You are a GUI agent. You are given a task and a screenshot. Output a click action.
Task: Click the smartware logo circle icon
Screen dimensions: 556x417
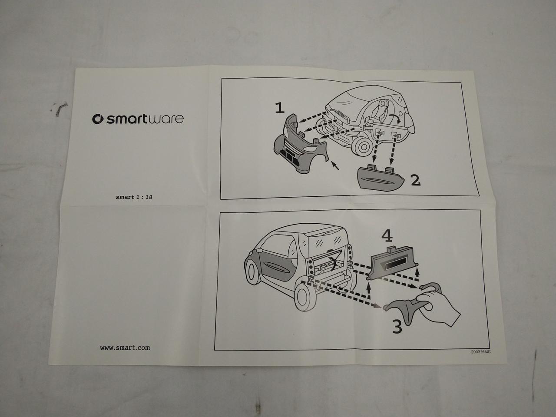click(x=98, y=119)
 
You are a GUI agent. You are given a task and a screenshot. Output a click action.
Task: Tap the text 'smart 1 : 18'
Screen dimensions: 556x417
click(x=134, y=197)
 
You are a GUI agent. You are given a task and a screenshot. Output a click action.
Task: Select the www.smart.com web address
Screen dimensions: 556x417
click(x=125, y=347)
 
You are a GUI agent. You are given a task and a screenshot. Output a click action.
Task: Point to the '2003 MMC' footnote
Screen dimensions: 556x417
click(x=480, y=352)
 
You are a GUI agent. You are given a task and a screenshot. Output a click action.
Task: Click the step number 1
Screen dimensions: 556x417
click(x=280, y=108)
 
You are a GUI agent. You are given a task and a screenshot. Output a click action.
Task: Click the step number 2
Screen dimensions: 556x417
click(x=415, y=180)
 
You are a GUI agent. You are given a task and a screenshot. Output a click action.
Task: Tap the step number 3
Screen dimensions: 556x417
click(x=397, y=326)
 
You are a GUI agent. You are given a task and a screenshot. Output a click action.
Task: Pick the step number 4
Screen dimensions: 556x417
click(x=387, y=236)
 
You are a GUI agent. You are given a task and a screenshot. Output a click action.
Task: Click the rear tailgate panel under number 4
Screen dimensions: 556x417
click(x=392, y=264)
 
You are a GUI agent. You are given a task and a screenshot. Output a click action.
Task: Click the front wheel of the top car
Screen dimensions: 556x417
click(x=363, y=147)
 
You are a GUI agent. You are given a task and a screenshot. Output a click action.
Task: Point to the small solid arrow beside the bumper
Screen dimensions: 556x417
click(x=335, y=166)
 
